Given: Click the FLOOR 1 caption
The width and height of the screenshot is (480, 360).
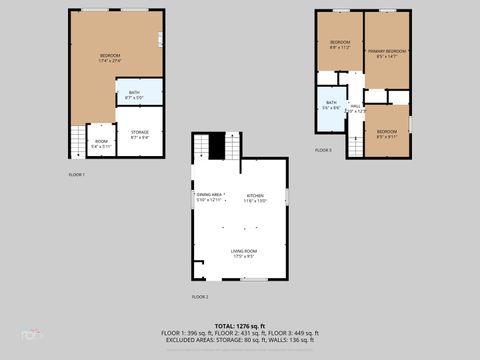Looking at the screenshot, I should click(76, 175).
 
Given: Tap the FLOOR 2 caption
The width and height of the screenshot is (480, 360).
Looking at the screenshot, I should click(200, 297).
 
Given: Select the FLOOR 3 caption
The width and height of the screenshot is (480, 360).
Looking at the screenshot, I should click(323, 150).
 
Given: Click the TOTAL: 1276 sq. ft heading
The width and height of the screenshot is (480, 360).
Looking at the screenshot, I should click(240, 326).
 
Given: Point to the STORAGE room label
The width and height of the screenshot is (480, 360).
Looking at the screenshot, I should click(139, 133).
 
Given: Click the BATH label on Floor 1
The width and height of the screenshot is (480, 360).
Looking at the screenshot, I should click(134, 94).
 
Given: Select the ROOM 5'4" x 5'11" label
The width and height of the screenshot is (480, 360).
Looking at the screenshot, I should click(101, 143).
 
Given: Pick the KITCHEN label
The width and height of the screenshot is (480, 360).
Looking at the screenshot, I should click(255, 196).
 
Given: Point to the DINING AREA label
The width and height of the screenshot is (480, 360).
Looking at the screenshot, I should click(210, 196).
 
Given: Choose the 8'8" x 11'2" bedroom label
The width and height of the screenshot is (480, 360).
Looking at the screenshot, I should click(340, 44).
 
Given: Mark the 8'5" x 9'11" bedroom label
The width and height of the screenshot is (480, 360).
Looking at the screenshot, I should click(386, 134).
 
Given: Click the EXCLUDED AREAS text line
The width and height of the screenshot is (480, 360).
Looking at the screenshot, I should click(240, 340).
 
